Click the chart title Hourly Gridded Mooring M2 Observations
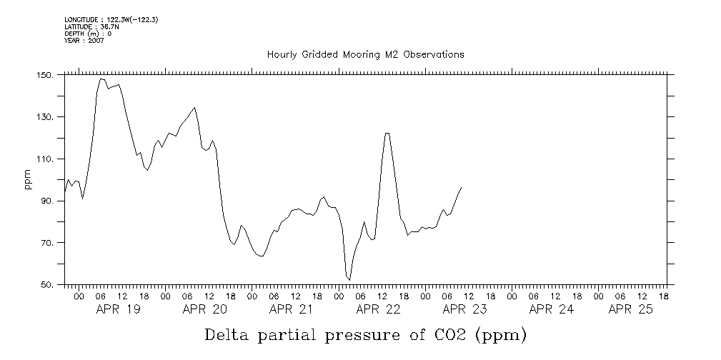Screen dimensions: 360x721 click(x=365, y=54)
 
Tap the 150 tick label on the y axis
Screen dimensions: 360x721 click(x=44, y=75)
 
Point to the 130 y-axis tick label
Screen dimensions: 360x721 click(x=44, y=117)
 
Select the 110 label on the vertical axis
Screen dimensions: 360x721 click(x=44, y=159)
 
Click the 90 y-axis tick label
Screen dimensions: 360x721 click(x=46, y=201)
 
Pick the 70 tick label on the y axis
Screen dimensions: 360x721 click(x=46, y=244)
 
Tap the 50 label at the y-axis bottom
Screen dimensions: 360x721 click(x=46, y=285)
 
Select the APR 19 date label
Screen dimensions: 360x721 click(x=118, y=309)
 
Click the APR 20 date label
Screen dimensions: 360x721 click(x=204, y=309)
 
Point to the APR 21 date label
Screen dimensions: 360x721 click(x=291, y=309)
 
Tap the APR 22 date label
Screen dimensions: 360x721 click(x=378, y=309)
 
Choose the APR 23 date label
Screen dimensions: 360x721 click(x=464, y=309)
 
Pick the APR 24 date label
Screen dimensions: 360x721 click(x=551, y=309)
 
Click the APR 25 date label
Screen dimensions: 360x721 click(x=630, y=309)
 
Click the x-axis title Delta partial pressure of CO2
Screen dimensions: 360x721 click(x=365, y=334)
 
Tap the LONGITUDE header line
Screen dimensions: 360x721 click(x=111, y=20)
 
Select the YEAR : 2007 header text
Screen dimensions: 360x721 click(x=84, y=40)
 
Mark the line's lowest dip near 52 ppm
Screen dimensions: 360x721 click(x=349, y=279)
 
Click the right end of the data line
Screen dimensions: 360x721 click(x=461, y=188)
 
